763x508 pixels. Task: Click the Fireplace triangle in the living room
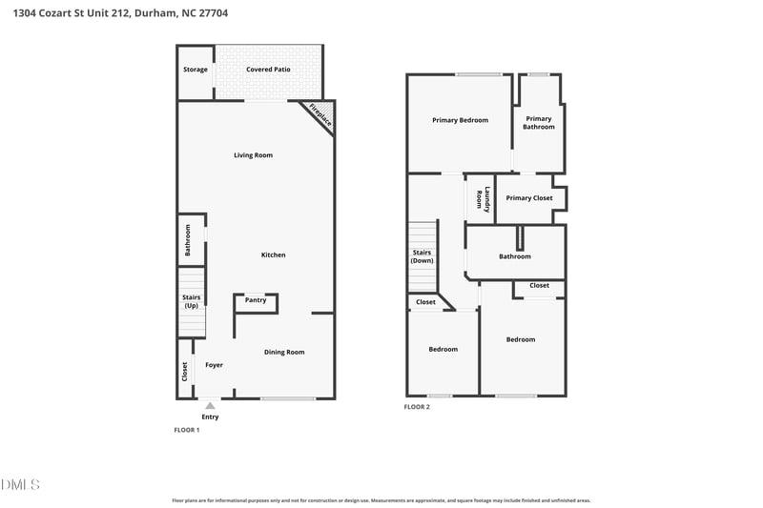pyautogui.click(x=322, y=112)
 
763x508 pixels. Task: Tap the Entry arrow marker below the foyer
pyautogui.click(x=210, y=405)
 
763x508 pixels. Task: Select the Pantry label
pyautogui.click(x=256, y=300)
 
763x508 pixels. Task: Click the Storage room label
pyautogui.click(x=196, y=70)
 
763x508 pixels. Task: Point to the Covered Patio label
pyautogui.click(x=268, y=70)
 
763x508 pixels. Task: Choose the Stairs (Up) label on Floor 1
pyautogui.click(x=192, y=301)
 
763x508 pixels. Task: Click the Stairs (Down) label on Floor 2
pyautogui.click(x=422, y=256)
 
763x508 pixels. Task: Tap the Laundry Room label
pyautogui.click(x=484, y=199)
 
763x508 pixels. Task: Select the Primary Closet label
pyautogui.click(x=529, y=198)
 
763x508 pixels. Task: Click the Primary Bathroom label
pyautogui.click(x=539, y=123)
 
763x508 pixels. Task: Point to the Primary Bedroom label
pyautogui.click(x=460, y=120)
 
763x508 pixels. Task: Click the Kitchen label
pyautogui.click(x=273, y=254)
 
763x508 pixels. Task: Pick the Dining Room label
pyautogui.click(x=284, y=352)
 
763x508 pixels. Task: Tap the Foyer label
pyautogui.click(x=214, y=365)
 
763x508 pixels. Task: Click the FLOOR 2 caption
pyautogui.click(x=417, y=407)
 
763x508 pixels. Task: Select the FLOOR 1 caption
pyautogui.click(x=187, y=430)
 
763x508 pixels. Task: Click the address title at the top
pyautogui.click(x=120, y=13)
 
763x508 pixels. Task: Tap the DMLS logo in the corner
pyautogui.click(x=20, y=485)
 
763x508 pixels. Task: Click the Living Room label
pyautogui.click(x=253, y=155)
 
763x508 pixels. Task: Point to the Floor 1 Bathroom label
pyautogui.click(x=187, y=240)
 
